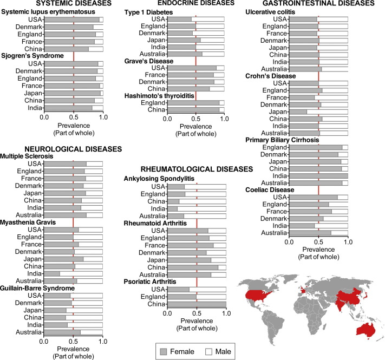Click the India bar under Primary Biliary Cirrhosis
(319, 175)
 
